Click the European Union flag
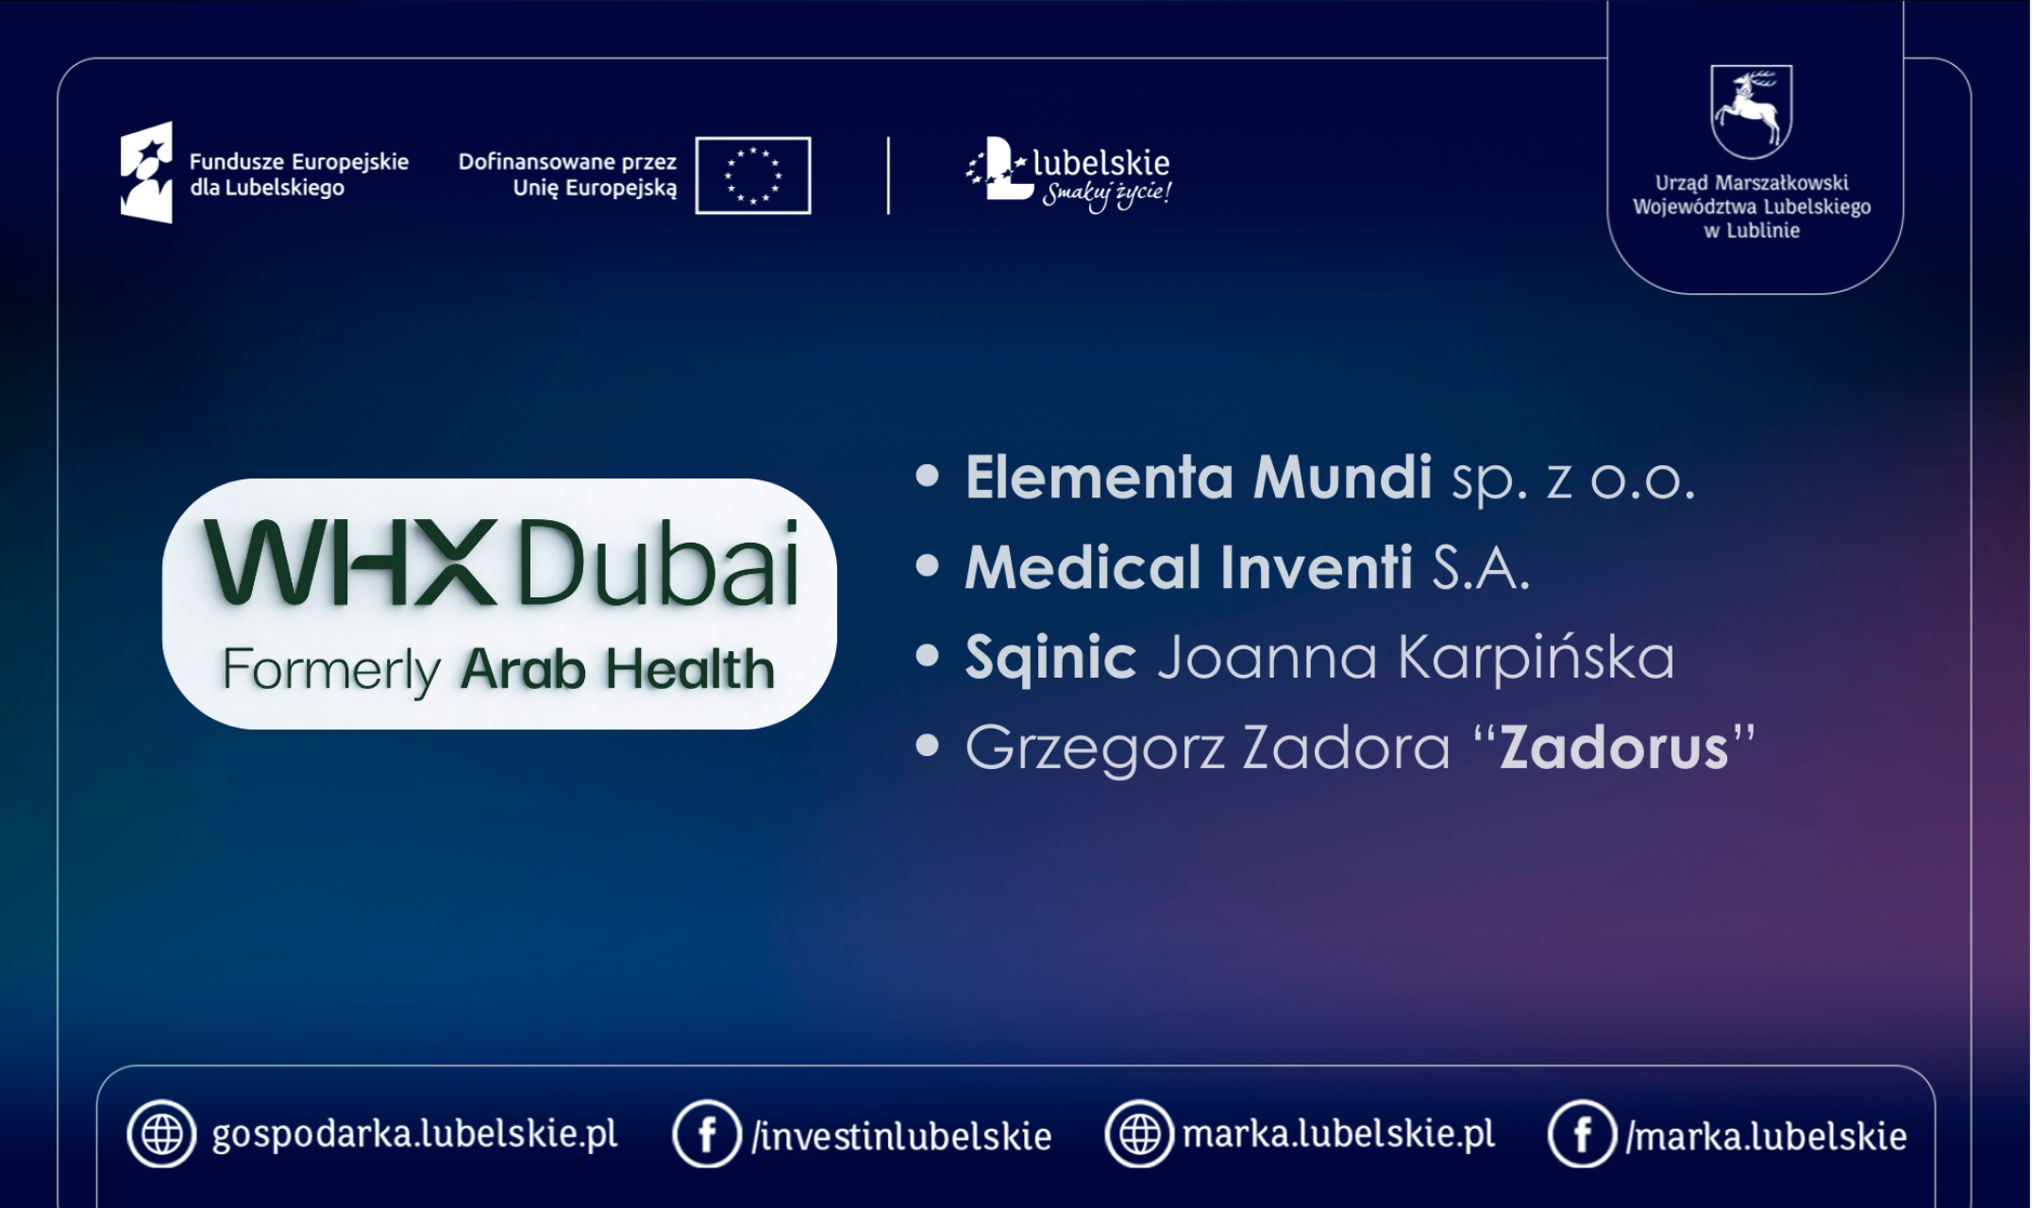(x=752, y=176)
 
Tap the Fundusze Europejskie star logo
(x=147, y=173)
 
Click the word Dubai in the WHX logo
(x=659, y=563)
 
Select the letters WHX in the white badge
(x=350, y=563)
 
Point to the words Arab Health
(x=617, y=670)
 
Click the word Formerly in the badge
(x=331, y=670)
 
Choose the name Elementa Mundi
(x=1198, y=478)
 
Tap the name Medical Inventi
(x=1188, y=568)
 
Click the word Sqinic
(x=1050, y=658)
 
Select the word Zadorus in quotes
(x=1614, y=748)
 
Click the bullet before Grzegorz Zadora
(x=928, y=747)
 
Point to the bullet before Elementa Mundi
(x=928, y=476)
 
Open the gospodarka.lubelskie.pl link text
(x=414, y=1134)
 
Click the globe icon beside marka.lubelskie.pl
(x=1139, y=1133)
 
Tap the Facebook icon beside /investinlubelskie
(x=706, y=1133)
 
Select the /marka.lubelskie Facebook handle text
(x=1766, y=1136)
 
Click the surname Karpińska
(x=1536, y=658)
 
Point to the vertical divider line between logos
(x=888, y=176)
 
